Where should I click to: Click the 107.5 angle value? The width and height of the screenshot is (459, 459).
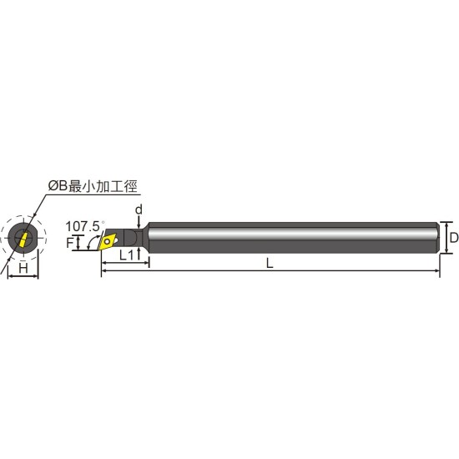coord(84,226)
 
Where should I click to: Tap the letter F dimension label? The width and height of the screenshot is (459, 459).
coord(69,243)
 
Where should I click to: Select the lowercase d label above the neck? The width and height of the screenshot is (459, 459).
coord(139,209)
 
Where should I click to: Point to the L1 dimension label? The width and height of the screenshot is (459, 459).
coord(127,255)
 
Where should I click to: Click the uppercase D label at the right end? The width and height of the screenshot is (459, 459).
coord(454,237)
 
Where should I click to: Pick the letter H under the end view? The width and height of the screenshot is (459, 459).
coord(23,268)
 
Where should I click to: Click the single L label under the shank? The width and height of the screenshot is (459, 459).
coord(270,263)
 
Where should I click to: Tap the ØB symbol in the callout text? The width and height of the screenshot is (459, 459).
coord(58,186)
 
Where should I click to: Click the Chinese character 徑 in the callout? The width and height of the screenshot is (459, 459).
coord(130,186)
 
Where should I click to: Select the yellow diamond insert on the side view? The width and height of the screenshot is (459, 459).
coord(108,241)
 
